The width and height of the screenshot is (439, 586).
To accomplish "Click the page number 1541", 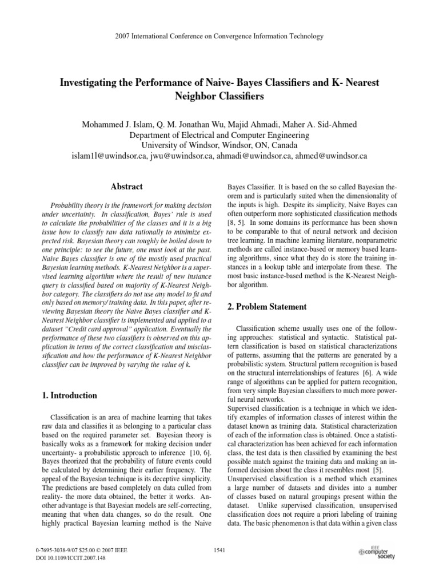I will (x=219, y=551).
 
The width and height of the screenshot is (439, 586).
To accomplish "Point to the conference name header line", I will (x=219, y=37).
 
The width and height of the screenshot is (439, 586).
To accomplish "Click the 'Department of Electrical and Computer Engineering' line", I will (x=219, y=135).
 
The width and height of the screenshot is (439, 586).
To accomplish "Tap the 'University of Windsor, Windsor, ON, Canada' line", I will (x=219, y=145).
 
